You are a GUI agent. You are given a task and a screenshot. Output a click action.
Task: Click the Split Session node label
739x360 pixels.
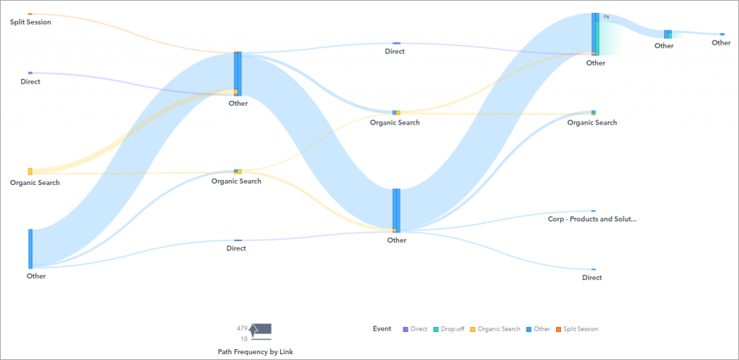click(x=30, y=22)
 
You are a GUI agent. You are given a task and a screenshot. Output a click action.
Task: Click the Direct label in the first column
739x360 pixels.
click(x=30, y=82)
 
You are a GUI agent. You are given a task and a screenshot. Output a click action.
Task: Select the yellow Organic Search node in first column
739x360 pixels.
click(x=30, y=171)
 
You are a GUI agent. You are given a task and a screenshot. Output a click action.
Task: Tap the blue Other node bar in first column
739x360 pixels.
click(x=30, y=248)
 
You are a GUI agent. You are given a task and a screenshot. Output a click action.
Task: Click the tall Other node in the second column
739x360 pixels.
click(x=238, y=73)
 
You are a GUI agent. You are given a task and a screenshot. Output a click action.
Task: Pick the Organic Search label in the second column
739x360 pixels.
click(x=236, y=181)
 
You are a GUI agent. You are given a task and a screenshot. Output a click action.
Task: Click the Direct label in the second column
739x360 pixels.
click(x=236, y=248)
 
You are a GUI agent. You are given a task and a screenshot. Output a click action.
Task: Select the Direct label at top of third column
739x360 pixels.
click(x=395, y=52)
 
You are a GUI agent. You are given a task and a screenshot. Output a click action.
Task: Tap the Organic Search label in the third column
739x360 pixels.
click(x=395, y=123)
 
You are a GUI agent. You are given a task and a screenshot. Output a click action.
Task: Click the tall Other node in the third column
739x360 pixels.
click(x=396, y=210)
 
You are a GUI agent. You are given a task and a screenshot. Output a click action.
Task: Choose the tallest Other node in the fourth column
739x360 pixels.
click(x=595, y=33)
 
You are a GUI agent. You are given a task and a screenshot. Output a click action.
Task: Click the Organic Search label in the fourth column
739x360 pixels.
click(x=592, y=123)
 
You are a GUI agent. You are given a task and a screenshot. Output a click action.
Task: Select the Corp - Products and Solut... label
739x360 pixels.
click(x=592, y=219)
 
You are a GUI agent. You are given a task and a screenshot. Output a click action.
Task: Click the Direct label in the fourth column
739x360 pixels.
click(x=592, y=278)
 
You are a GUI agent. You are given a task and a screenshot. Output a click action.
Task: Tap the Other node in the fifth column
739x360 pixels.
click(x=668, y=34)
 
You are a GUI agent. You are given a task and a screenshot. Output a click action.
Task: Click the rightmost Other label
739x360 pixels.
click(x=721, y=43)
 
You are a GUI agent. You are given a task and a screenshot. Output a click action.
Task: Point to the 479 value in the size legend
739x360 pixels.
click(x=242, y=328)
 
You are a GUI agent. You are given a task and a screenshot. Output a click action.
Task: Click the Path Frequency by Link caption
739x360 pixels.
click(x=255, y=351)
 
